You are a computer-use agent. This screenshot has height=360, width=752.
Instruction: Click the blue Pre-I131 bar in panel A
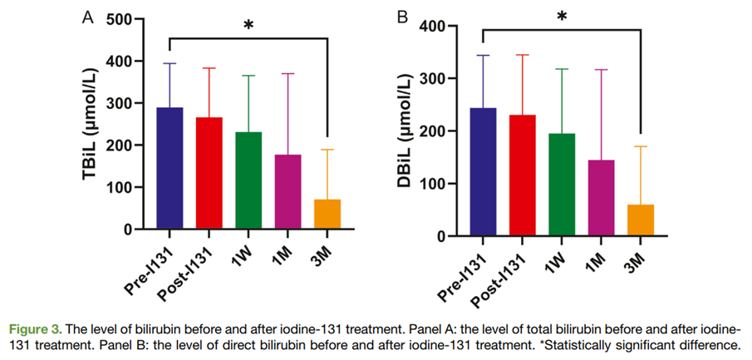(170, 168)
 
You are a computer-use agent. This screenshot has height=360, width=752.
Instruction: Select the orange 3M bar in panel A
(327, 214)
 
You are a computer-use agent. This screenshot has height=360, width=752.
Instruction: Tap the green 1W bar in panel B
(562, 185)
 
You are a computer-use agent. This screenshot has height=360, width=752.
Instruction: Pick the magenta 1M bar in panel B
(602, 198)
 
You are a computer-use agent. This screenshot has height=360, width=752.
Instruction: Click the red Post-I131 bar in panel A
(209, 173)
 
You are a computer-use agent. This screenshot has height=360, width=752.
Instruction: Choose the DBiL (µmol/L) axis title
(402, 130)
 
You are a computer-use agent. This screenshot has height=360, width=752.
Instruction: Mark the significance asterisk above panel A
(248, 25)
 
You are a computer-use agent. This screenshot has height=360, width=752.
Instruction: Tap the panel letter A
(88, 17)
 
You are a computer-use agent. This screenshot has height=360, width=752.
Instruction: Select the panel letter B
(403, 17)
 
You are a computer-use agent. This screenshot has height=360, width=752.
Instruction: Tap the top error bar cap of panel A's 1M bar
(288, 73)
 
